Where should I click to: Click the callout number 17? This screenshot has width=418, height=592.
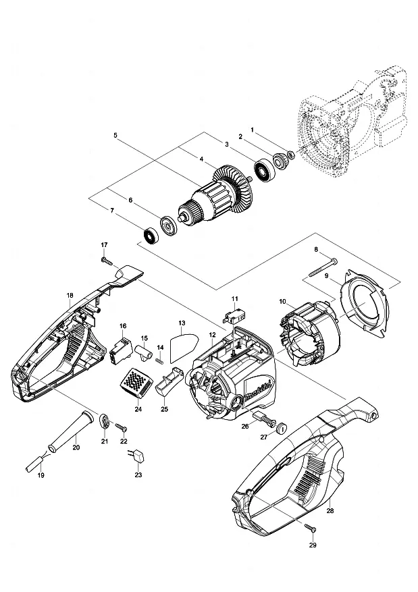click(104, 244)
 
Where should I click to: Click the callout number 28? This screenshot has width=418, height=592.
click(330, 510)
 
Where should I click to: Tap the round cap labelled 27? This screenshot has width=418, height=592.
click(282, 428)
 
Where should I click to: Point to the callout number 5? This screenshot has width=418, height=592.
click(115, 135)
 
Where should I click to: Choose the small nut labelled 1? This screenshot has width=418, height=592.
click(291, 154)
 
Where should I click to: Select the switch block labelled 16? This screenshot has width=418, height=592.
click(121, 351)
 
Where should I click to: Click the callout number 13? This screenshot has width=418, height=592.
click(182, 323)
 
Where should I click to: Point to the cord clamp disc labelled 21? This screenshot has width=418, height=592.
click(104, 421)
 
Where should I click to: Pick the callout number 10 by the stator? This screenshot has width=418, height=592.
click(282, 302)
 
